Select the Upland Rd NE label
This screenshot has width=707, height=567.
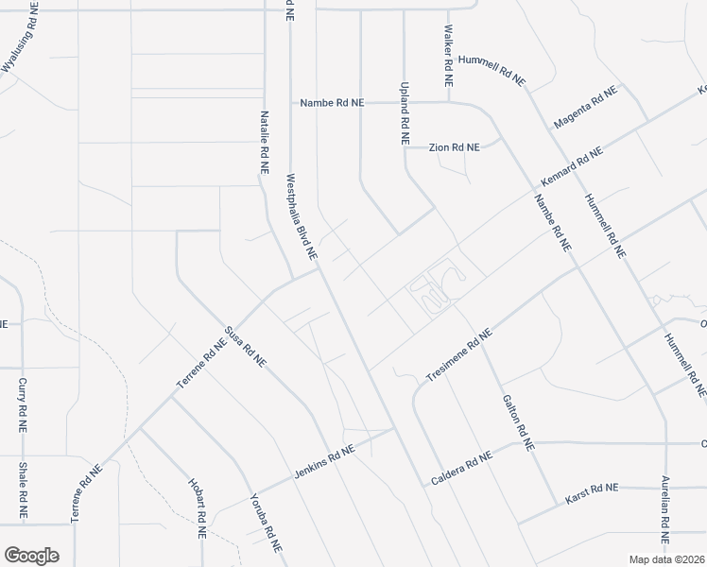pos(405,111)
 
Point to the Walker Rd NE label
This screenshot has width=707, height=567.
pos(447,51)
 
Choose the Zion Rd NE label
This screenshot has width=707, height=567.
pos(454,147)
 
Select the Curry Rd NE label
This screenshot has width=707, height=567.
pos(21,404)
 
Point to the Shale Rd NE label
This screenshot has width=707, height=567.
pos(21,489)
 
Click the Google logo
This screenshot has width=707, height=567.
pos(31,556)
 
